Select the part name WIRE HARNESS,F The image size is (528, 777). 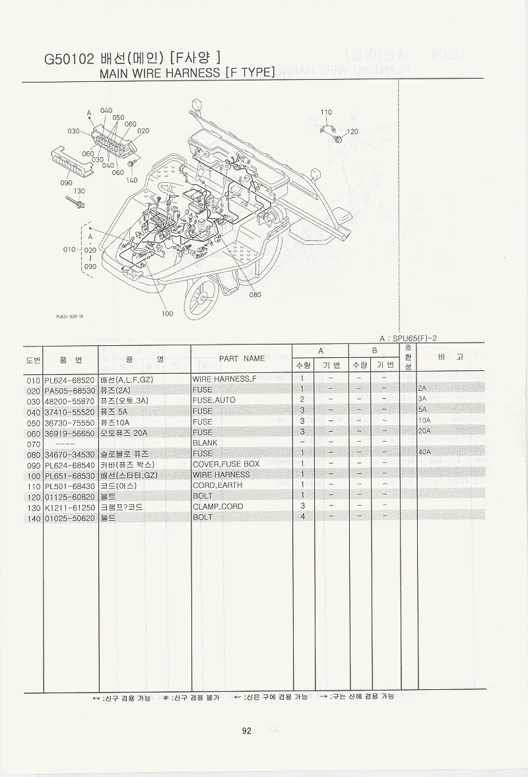(x=224, y=380)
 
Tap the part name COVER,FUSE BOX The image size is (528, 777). (x=226, y=464)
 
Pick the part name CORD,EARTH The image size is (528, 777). (x=217, y=485)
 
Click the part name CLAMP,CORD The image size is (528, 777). (x=218, y=506)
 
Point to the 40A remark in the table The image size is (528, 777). (x=424, y=453)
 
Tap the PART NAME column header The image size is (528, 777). (x=242, y=358)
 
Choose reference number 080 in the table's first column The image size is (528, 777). (x=34, y=454)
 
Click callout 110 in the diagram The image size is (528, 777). (x=326, y=112)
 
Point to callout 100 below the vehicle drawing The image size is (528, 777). (x=167, y=314)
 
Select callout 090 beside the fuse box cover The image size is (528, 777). (x=66, y=182)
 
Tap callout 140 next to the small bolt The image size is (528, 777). (x=131, y=180)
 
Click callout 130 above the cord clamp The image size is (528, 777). (x=80, y=191)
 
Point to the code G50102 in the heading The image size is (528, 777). (x=69, y=58)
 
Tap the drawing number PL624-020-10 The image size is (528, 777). (x=70, y=316)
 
